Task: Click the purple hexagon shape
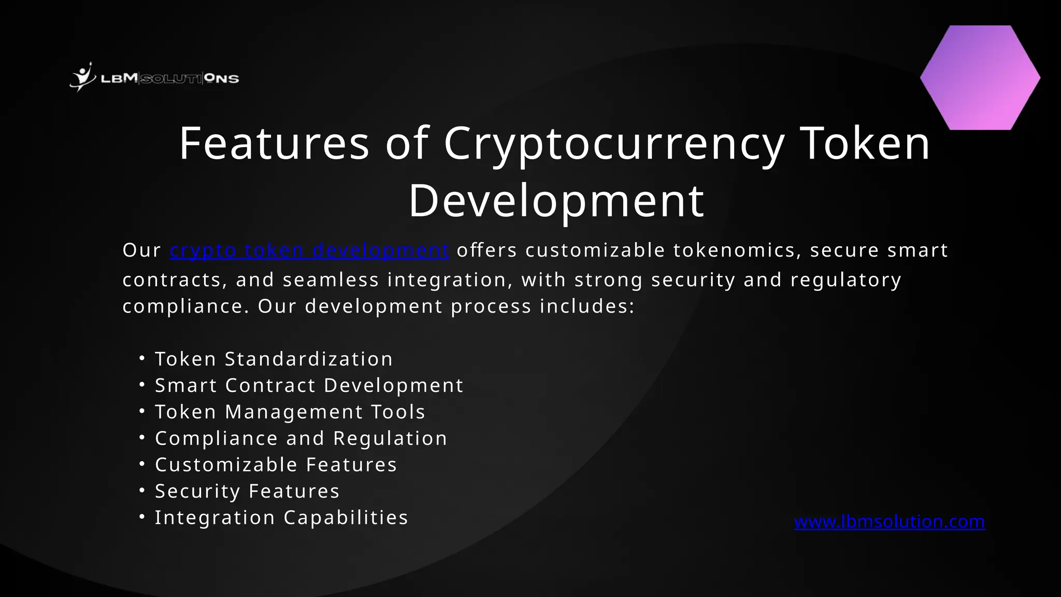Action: coord(980,78)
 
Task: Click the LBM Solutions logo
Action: coord(154,78)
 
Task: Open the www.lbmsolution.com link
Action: coord(890,521)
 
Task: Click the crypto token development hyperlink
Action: coord(309,250)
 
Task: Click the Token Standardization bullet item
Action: coord(274,359)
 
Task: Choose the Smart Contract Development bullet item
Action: coord(309,386)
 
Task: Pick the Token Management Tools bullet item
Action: coord(290,412)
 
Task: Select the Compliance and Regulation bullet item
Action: coord(301,438)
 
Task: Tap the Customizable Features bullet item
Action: coord(276,465)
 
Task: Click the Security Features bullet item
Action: coord(247,491)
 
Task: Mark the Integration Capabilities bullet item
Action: coord(282,518)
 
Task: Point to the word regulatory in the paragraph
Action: coord(846,280)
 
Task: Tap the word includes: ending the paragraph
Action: coord(587,306)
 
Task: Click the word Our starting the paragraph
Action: coord(141,250)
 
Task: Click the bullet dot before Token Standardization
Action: coord(142,358)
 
